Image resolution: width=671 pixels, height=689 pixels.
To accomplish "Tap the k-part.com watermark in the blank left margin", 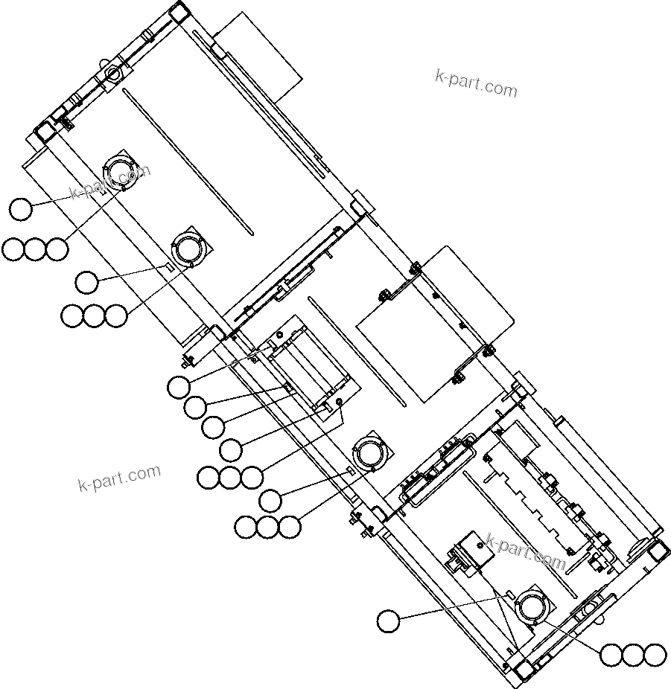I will tap(119, 478).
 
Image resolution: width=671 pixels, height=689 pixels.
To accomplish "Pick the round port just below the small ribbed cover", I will tap(370, 452).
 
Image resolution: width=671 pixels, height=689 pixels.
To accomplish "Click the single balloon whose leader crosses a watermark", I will tap(21, 209).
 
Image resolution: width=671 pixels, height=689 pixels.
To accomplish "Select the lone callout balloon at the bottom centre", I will tap(388, 621).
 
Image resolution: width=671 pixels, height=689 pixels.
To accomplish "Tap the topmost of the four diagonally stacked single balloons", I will tap(179, 386).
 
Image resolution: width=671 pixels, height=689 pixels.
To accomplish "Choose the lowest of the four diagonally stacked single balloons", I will tap(231, 449).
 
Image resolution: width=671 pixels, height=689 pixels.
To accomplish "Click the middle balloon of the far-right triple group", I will tap(632, 655).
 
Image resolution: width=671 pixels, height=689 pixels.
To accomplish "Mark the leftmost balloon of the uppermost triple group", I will tap(13, 249).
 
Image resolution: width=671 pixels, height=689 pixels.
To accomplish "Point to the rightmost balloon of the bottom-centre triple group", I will tap(289, 527).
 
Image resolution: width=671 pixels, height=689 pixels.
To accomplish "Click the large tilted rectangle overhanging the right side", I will tap(436, 324).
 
